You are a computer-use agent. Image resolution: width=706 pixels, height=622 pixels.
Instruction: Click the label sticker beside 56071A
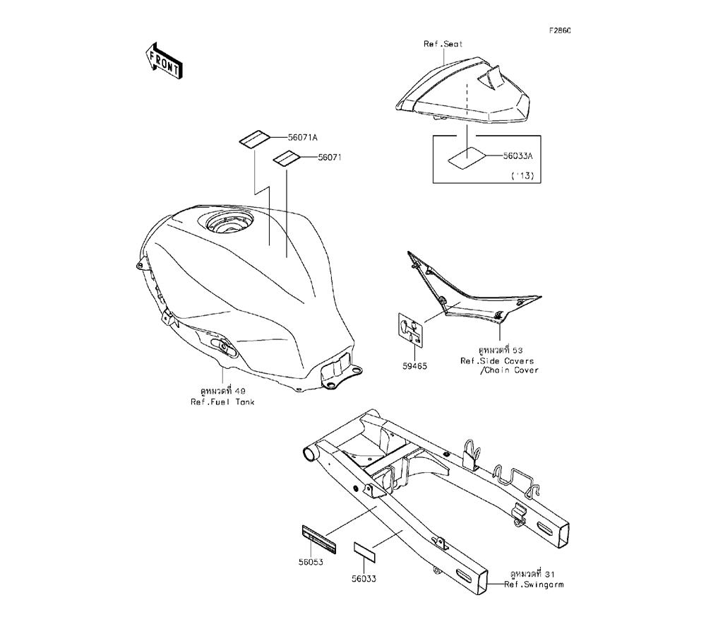[x=252, y=139]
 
